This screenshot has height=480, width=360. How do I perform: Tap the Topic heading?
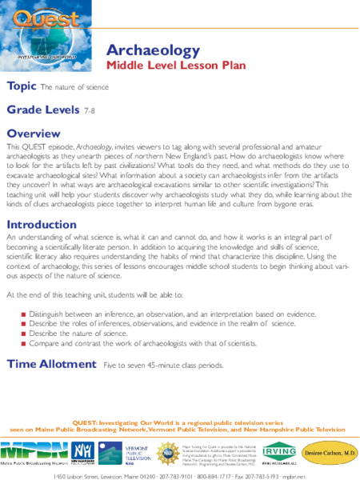(x=21, y=86)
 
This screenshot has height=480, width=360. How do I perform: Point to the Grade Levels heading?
(x=42, y=109)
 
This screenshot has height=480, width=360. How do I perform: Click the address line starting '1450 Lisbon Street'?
(x=180, y=474)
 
